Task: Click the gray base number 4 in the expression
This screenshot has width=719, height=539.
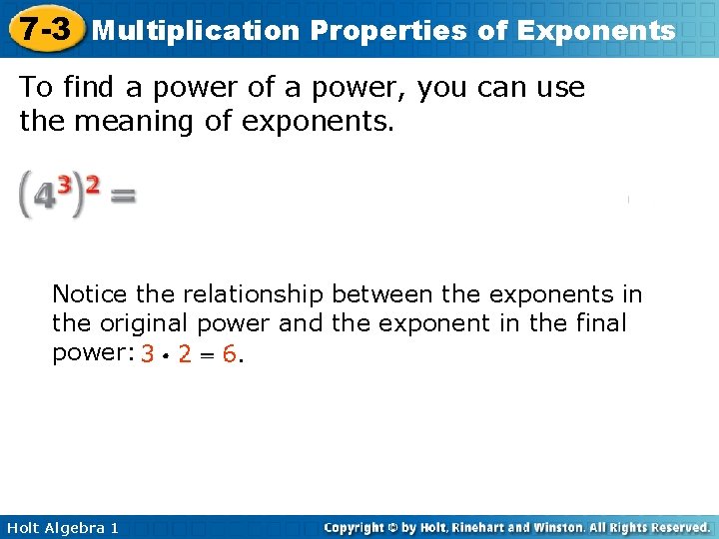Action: point(43,198)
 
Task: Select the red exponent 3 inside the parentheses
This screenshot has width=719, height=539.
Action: point(64,185)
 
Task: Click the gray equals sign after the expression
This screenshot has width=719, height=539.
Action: point(122,197)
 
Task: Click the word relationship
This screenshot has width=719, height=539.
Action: point(256,294)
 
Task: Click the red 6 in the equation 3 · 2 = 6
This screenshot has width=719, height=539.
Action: point(230,354)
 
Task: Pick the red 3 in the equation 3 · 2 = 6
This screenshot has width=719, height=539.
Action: point(148,354)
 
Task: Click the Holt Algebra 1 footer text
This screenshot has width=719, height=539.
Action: point(62,527)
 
